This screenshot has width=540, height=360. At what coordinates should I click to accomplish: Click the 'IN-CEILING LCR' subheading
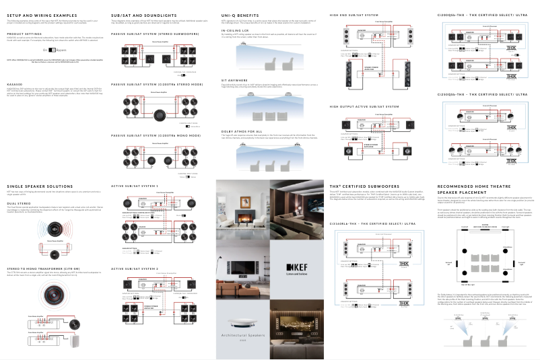point(234,30)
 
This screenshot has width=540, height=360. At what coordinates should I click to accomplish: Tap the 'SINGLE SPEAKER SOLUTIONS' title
point(38,186)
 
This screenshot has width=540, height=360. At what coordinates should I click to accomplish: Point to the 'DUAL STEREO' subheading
point(18,202)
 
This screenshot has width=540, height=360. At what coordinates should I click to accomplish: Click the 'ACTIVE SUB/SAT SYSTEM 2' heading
point(135,268)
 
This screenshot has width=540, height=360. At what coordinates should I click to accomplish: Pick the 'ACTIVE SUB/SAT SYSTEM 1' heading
point(135,186)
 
